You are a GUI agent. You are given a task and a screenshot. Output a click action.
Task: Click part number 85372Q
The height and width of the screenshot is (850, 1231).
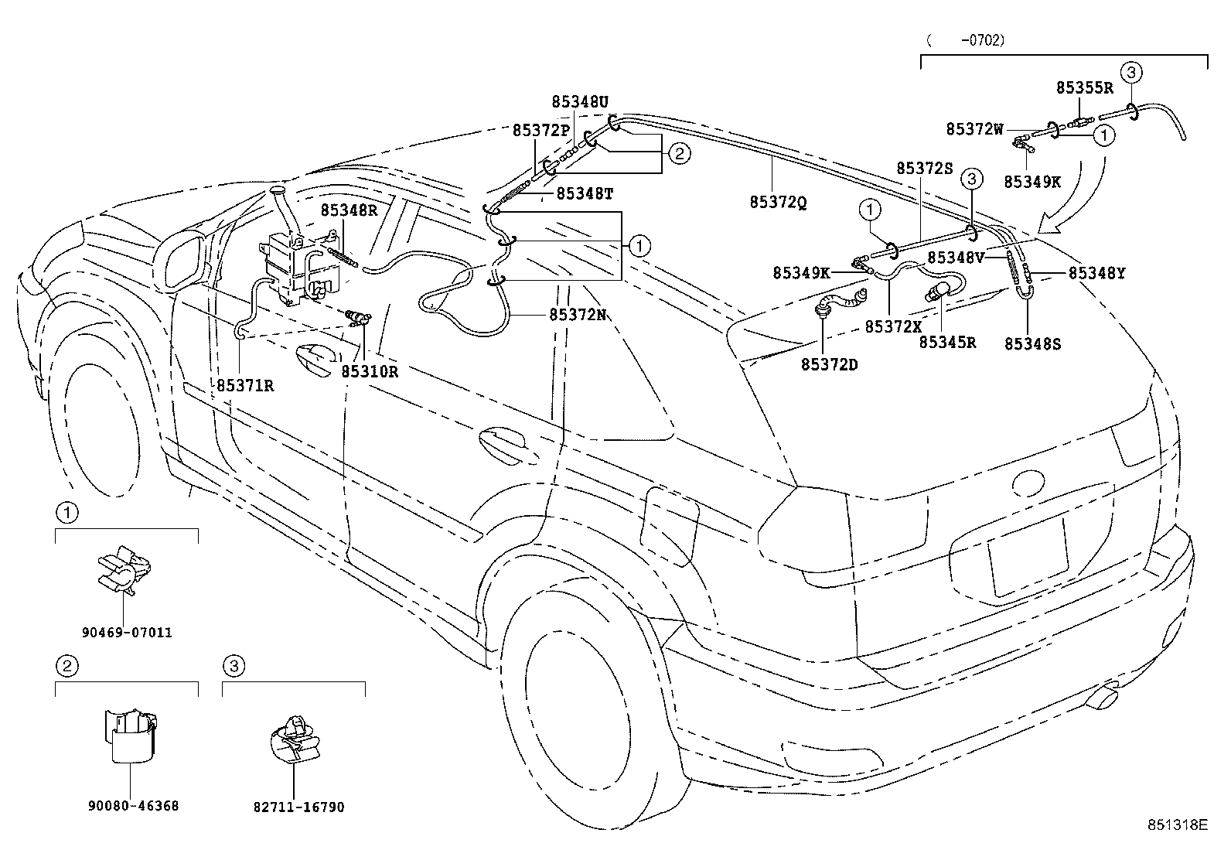click(778, 202)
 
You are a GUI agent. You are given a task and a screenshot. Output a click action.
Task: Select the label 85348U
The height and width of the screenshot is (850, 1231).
click(580, 101)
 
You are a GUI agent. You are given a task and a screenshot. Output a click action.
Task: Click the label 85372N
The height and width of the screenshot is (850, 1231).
click(578, 315)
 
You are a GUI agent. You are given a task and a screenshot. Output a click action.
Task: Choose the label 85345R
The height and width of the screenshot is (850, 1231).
click(947, 342)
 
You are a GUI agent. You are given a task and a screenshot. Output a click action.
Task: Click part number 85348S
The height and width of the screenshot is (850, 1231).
click(1032, 344)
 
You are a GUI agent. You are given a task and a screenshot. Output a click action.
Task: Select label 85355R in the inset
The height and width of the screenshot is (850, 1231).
click(1085, 88)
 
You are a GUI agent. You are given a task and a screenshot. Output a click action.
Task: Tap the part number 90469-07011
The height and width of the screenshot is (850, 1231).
click(127, 632)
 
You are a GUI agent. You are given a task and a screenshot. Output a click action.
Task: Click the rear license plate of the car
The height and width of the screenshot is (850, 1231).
click(1028, 556)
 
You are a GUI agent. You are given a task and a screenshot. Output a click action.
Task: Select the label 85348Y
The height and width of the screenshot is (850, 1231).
click(1097, 272)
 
